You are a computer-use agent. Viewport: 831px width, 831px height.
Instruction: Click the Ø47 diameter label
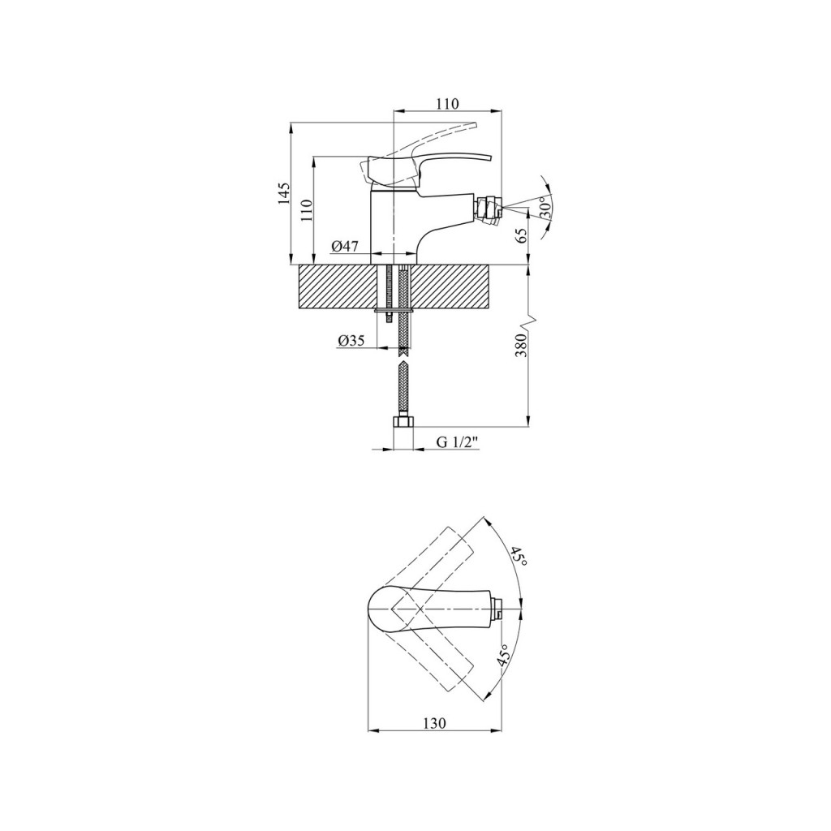[345, 247]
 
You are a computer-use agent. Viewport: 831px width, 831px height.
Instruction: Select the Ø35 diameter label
[351, 341]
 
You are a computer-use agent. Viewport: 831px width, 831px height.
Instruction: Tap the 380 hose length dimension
[521, 345]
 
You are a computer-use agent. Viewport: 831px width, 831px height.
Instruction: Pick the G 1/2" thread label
[458, 442]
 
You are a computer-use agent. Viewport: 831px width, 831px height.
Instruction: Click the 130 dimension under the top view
[435, 723]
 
